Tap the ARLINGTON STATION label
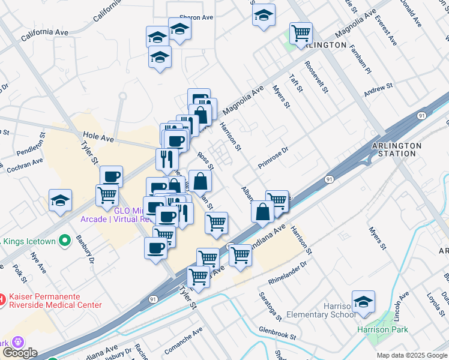[397, 149]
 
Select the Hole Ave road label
[99, 139]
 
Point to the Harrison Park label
[382, 329]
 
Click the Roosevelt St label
[316, 77]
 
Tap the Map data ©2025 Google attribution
[412, 355]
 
